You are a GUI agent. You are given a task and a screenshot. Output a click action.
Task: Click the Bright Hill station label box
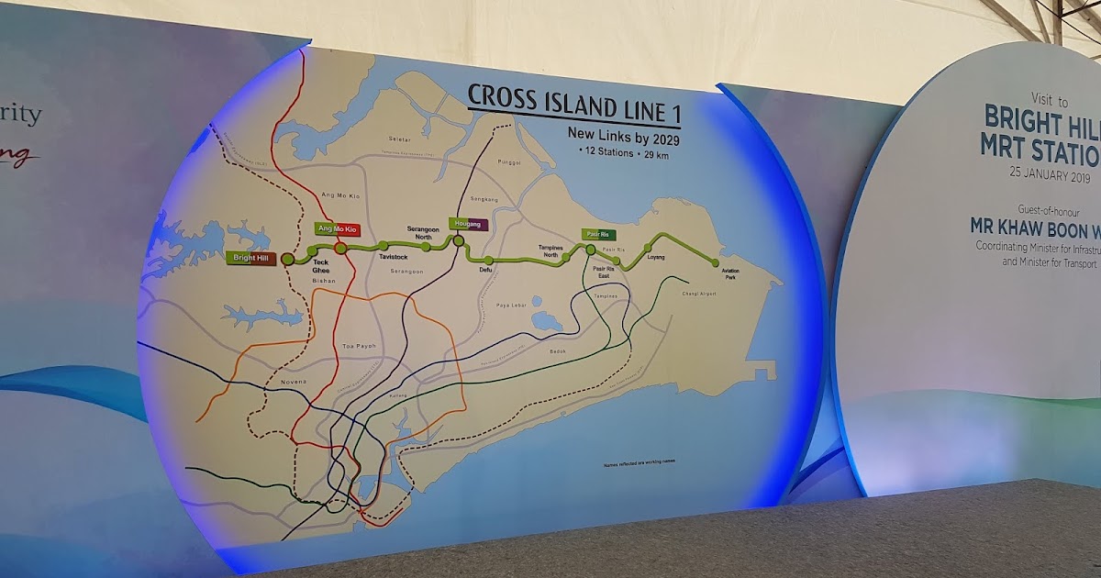point(250,259)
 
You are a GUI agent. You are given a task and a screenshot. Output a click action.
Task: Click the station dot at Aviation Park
point(716,263)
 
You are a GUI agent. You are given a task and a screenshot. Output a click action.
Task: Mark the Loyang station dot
point(649,247)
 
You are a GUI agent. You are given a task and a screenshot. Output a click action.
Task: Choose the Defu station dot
point(489,261)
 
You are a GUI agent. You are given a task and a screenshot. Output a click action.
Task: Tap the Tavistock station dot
point(383,245)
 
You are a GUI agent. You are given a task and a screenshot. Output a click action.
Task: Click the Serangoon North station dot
point(427,246)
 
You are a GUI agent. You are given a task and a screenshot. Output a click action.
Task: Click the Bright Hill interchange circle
point(288,260)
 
